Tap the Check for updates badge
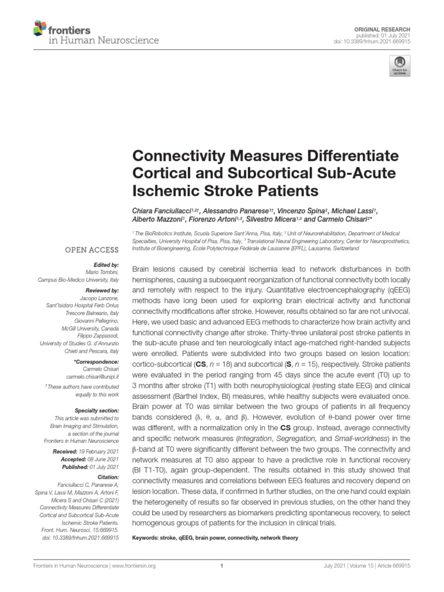(x=399, y=66)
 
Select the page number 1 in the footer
(x=222, y=566)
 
